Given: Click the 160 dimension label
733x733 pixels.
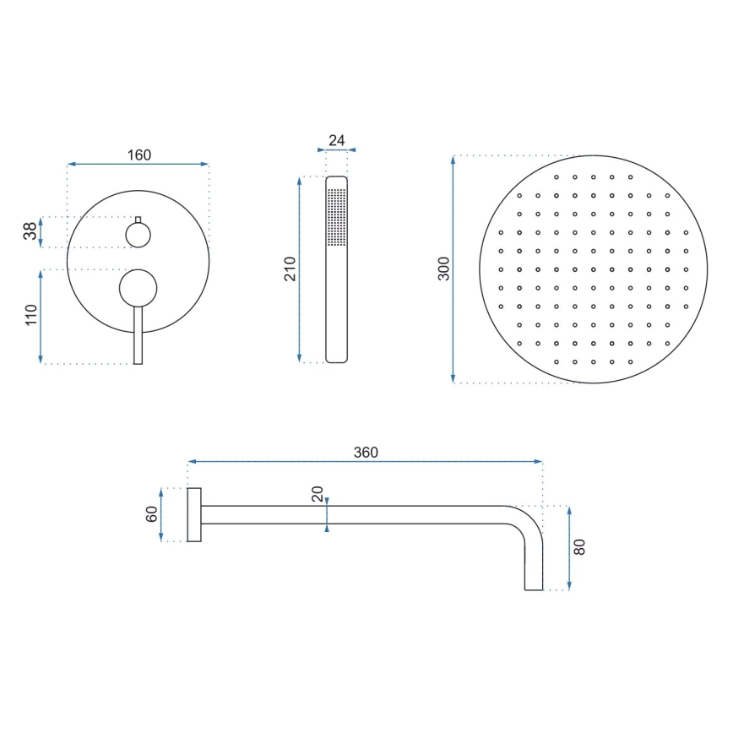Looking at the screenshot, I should coord(138,155).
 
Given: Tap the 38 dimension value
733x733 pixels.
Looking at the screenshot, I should coord(30,231).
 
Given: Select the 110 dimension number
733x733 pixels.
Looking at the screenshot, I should coord(30,316).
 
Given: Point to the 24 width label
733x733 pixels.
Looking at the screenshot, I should coord(337,140).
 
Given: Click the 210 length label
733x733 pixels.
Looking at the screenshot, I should coord(290,269).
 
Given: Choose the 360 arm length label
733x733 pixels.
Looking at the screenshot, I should coord(365,452).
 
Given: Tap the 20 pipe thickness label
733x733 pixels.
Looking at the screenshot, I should coord(318,493).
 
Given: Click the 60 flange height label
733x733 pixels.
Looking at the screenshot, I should coord(152,513).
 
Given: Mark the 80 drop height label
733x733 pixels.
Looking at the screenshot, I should coord(579,546).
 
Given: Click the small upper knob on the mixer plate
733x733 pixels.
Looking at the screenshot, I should coord(138,234).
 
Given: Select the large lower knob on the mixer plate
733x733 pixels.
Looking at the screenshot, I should coord(138,287).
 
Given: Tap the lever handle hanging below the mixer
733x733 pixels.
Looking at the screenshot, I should coord(138,338).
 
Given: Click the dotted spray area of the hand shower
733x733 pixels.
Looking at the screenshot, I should coord(336,216).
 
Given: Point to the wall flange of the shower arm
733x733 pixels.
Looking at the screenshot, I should coord(193,514).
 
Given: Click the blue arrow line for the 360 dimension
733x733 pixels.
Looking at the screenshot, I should coord(365,462).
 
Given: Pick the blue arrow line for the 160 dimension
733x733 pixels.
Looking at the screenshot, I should coord(138,164).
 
